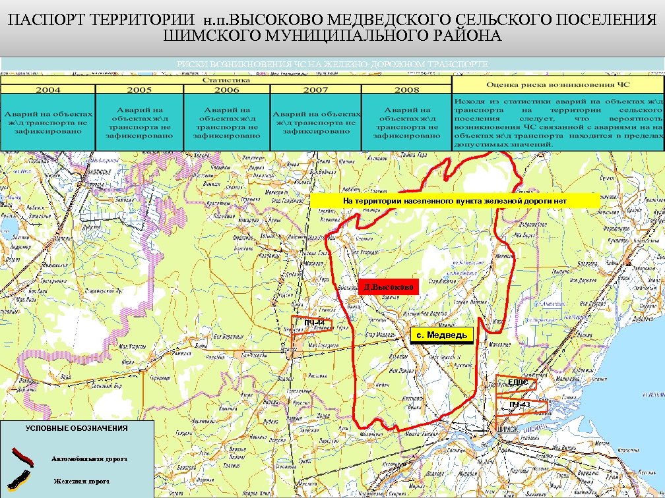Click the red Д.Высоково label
pyautogui.click(x=389, y=287)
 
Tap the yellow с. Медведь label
pyautogui.click(x=441, y=335)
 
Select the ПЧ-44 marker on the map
pyautogui.click(x=315, y=322)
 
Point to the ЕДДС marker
pyautogui.click(x=518, y=382)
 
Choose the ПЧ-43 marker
pyautogui.click(x=519, y=404)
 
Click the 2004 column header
pyautogui.click(x=48, y=90)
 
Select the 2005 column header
pyautogui.click(x=139, y=90)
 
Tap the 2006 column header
pyautogui.click(x=226, y=90)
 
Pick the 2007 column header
pyautogui.click(x=315, y=90)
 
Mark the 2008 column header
pyautogui.click(x=406, y=90)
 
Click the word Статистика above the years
pyautogui.click(x=226, y=80)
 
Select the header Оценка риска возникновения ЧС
pyautogui.click(x=557, y=84)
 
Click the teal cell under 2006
pyautogui.click(x=226, y=123)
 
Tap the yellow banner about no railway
pyautogui.click(x=455, y=200)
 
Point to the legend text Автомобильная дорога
pyautogui.click(x=90, y=458)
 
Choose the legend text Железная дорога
pyautogui.click(x=82, y=481)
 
